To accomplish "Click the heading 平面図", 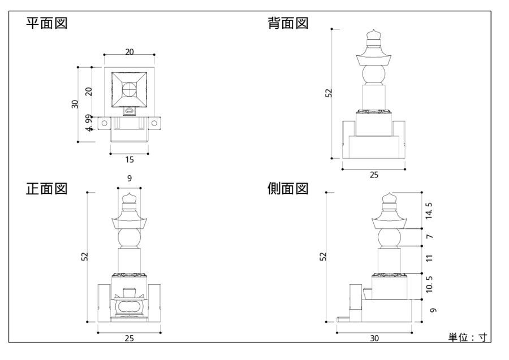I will pos(46,24).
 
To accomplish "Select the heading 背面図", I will pos(288,24).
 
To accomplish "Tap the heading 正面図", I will pos(46,188).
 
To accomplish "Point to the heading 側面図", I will pos(288,188).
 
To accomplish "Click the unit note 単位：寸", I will pos(467,337).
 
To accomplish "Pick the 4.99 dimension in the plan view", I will pos(88,123).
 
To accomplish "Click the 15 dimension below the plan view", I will pos(130,159).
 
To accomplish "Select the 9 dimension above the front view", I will pos(130,179).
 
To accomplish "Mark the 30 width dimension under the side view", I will pos(374,338).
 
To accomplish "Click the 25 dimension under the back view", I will pos(374,175).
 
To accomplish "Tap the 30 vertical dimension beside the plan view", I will pos(75,104).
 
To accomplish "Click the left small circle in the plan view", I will pos(104,122).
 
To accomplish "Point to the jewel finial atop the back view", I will pos(373,37).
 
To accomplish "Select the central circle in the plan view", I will pos(130,89).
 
